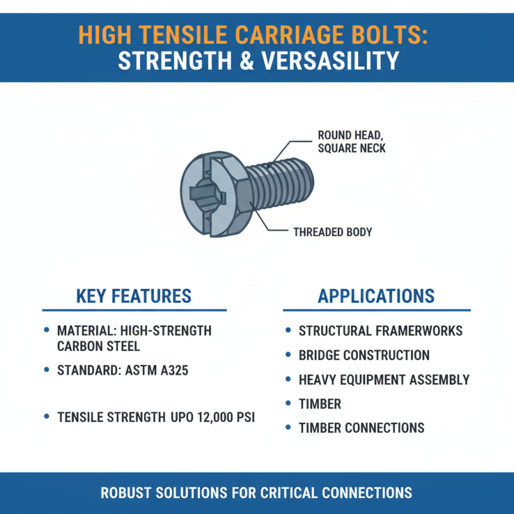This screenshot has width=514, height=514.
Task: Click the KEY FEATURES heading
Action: (134, 296)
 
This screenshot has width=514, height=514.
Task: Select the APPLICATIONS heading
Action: (376, 296)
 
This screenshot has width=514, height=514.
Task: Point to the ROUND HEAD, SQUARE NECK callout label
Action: (351, 142)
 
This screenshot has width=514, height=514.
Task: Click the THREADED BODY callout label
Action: (333, 232)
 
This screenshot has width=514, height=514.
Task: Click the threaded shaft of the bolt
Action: (283, 183)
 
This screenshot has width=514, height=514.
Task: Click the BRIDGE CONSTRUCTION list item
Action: (364, 355)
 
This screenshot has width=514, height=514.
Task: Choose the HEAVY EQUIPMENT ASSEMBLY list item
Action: (384, 380)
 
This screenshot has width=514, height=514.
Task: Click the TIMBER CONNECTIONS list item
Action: (361, 428)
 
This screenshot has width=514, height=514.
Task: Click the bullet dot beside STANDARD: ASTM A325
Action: (46, 370)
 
